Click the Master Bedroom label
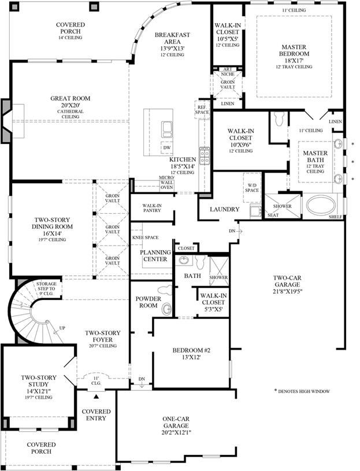click(x=294, y=50)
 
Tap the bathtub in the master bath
click(x=321, y=206)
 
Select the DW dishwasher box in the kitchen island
click(x=167, y=147)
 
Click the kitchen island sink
click(x=167, y=129)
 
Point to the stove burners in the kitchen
click(x=205, y=156)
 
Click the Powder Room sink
click(x=166, y=309)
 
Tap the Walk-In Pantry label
click(x=152, y=208)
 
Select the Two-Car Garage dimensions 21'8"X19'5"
click(x=287, y=291)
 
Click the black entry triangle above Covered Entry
click(x=96, y=396)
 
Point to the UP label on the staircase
click(x=62, y=328)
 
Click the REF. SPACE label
click(x=202, y=110)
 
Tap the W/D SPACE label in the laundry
click(x=251, y=188)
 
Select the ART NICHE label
click(x=228, y=72)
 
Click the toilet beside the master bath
click(x=279, y=119)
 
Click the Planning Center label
click(x=155, y=255)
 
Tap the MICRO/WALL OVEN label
click(x=166, y=183)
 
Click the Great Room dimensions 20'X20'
click(x=70, y=105)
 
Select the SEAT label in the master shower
click(x=273, y=215)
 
